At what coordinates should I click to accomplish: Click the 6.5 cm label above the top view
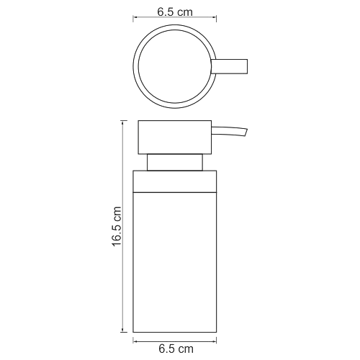(x=175, y=12)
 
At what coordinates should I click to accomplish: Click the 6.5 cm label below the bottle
(x=176, y=348)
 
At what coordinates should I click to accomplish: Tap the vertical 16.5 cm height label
(x=117, y=226)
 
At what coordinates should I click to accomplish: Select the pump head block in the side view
(x=175, y=138)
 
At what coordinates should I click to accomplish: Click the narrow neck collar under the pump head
(x=175, y=163)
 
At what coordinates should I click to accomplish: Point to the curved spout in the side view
(x=229, y=132)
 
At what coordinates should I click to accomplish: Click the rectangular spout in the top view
(x=229, y=66)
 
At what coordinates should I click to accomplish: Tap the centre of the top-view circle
(x=175, y=66)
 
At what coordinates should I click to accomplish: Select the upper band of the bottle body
(x=175, y=181)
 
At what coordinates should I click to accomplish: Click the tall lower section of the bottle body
(x=175, y=262)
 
